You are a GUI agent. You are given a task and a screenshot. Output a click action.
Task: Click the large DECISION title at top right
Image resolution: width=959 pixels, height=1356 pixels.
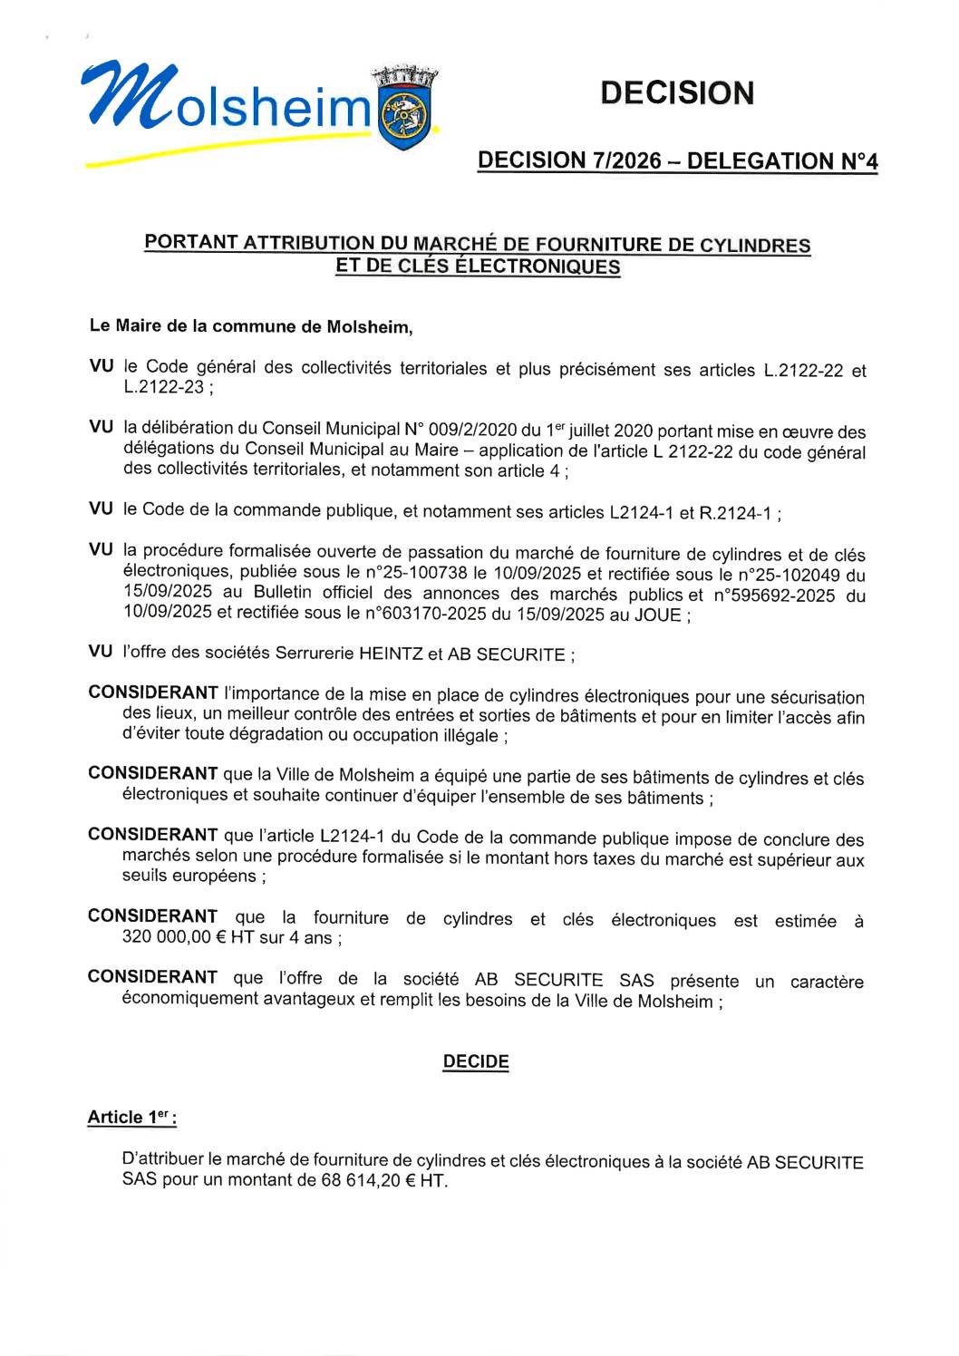(x=676, y=92)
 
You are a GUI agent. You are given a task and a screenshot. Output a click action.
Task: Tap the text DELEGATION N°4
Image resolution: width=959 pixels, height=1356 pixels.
(x=782, y=161)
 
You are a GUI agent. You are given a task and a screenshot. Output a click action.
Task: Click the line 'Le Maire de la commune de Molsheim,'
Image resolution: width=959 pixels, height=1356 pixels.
(x=251, y=326)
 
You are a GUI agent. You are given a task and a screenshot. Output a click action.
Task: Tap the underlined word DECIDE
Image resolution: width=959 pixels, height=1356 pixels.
(x=476, y=1061)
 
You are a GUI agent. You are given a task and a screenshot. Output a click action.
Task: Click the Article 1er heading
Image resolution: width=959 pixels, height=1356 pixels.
(x=131, y=1117)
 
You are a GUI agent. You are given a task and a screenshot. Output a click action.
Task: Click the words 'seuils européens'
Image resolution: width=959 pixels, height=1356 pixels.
(x=189, y=877)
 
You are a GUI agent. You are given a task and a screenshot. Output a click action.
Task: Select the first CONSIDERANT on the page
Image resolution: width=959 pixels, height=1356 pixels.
(x=153, y=693)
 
